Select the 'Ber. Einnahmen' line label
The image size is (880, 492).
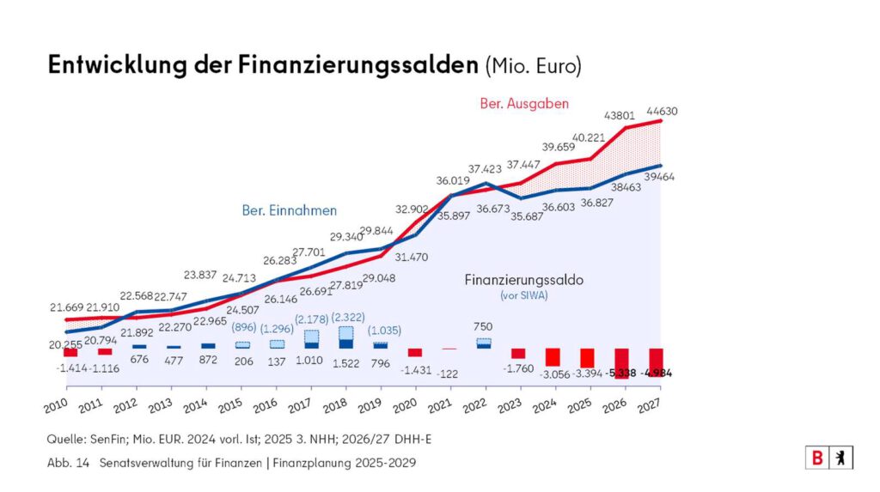[288, 210]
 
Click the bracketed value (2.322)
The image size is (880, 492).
[346, 315]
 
